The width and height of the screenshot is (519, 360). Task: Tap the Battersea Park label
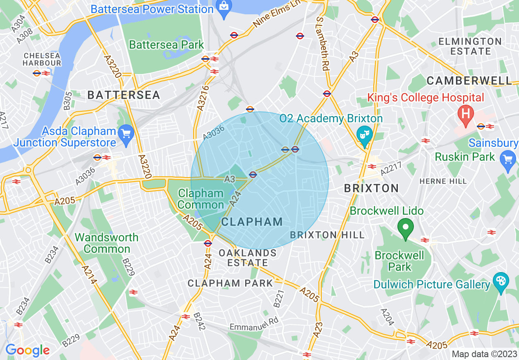[x=166, y=45]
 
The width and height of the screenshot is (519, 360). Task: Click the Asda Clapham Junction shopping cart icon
[x=126, y=135]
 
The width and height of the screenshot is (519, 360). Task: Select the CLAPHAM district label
[x=252, y=222]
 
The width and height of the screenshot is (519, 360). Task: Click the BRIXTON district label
[x=371, y=188]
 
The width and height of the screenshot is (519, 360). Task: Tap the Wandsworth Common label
[x=107, y=243]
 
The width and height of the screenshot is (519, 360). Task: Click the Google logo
[x=27, y=350]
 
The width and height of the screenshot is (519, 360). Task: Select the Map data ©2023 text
[x=484, y=354]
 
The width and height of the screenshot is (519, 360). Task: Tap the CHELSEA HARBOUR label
[x=42, y=59]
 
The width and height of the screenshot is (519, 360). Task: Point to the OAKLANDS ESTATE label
[x=248, y=258]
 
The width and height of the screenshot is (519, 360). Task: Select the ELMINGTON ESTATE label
[x=470, y=46]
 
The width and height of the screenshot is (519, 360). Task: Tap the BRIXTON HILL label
[x=327, y=235]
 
